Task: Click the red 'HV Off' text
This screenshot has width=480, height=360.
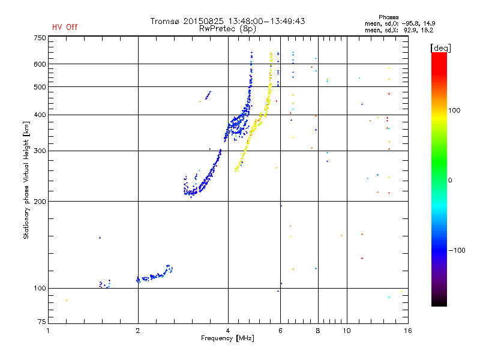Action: [65, 27]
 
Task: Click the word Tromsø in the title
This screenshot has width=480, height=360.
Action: [166, 21]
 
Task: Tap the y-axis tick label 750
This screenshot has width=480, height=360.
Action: [39, 38]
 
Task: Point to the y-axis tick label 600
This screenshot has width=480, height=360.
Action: [39, 64]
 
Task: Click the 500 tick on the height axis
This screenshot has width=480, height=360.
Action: [39, 87]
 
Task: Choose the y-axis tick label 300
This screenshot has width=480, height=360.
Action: [39, 151]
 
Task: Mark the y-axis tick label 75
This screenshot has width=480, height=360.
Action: [41, 323]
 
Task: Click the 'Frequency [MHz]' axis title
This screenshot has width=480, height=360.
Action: [227, 339]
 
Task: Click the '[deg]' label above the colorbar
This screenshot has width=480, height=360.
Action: [440, 47]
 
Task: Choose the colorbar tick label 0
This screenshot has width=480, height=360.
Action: [451, 180]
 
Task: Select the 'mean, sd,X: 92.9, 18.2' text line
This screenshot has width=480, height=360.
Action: [399, 29]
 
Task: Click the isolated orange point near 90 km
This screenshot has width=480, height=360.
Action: [67, 300]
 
